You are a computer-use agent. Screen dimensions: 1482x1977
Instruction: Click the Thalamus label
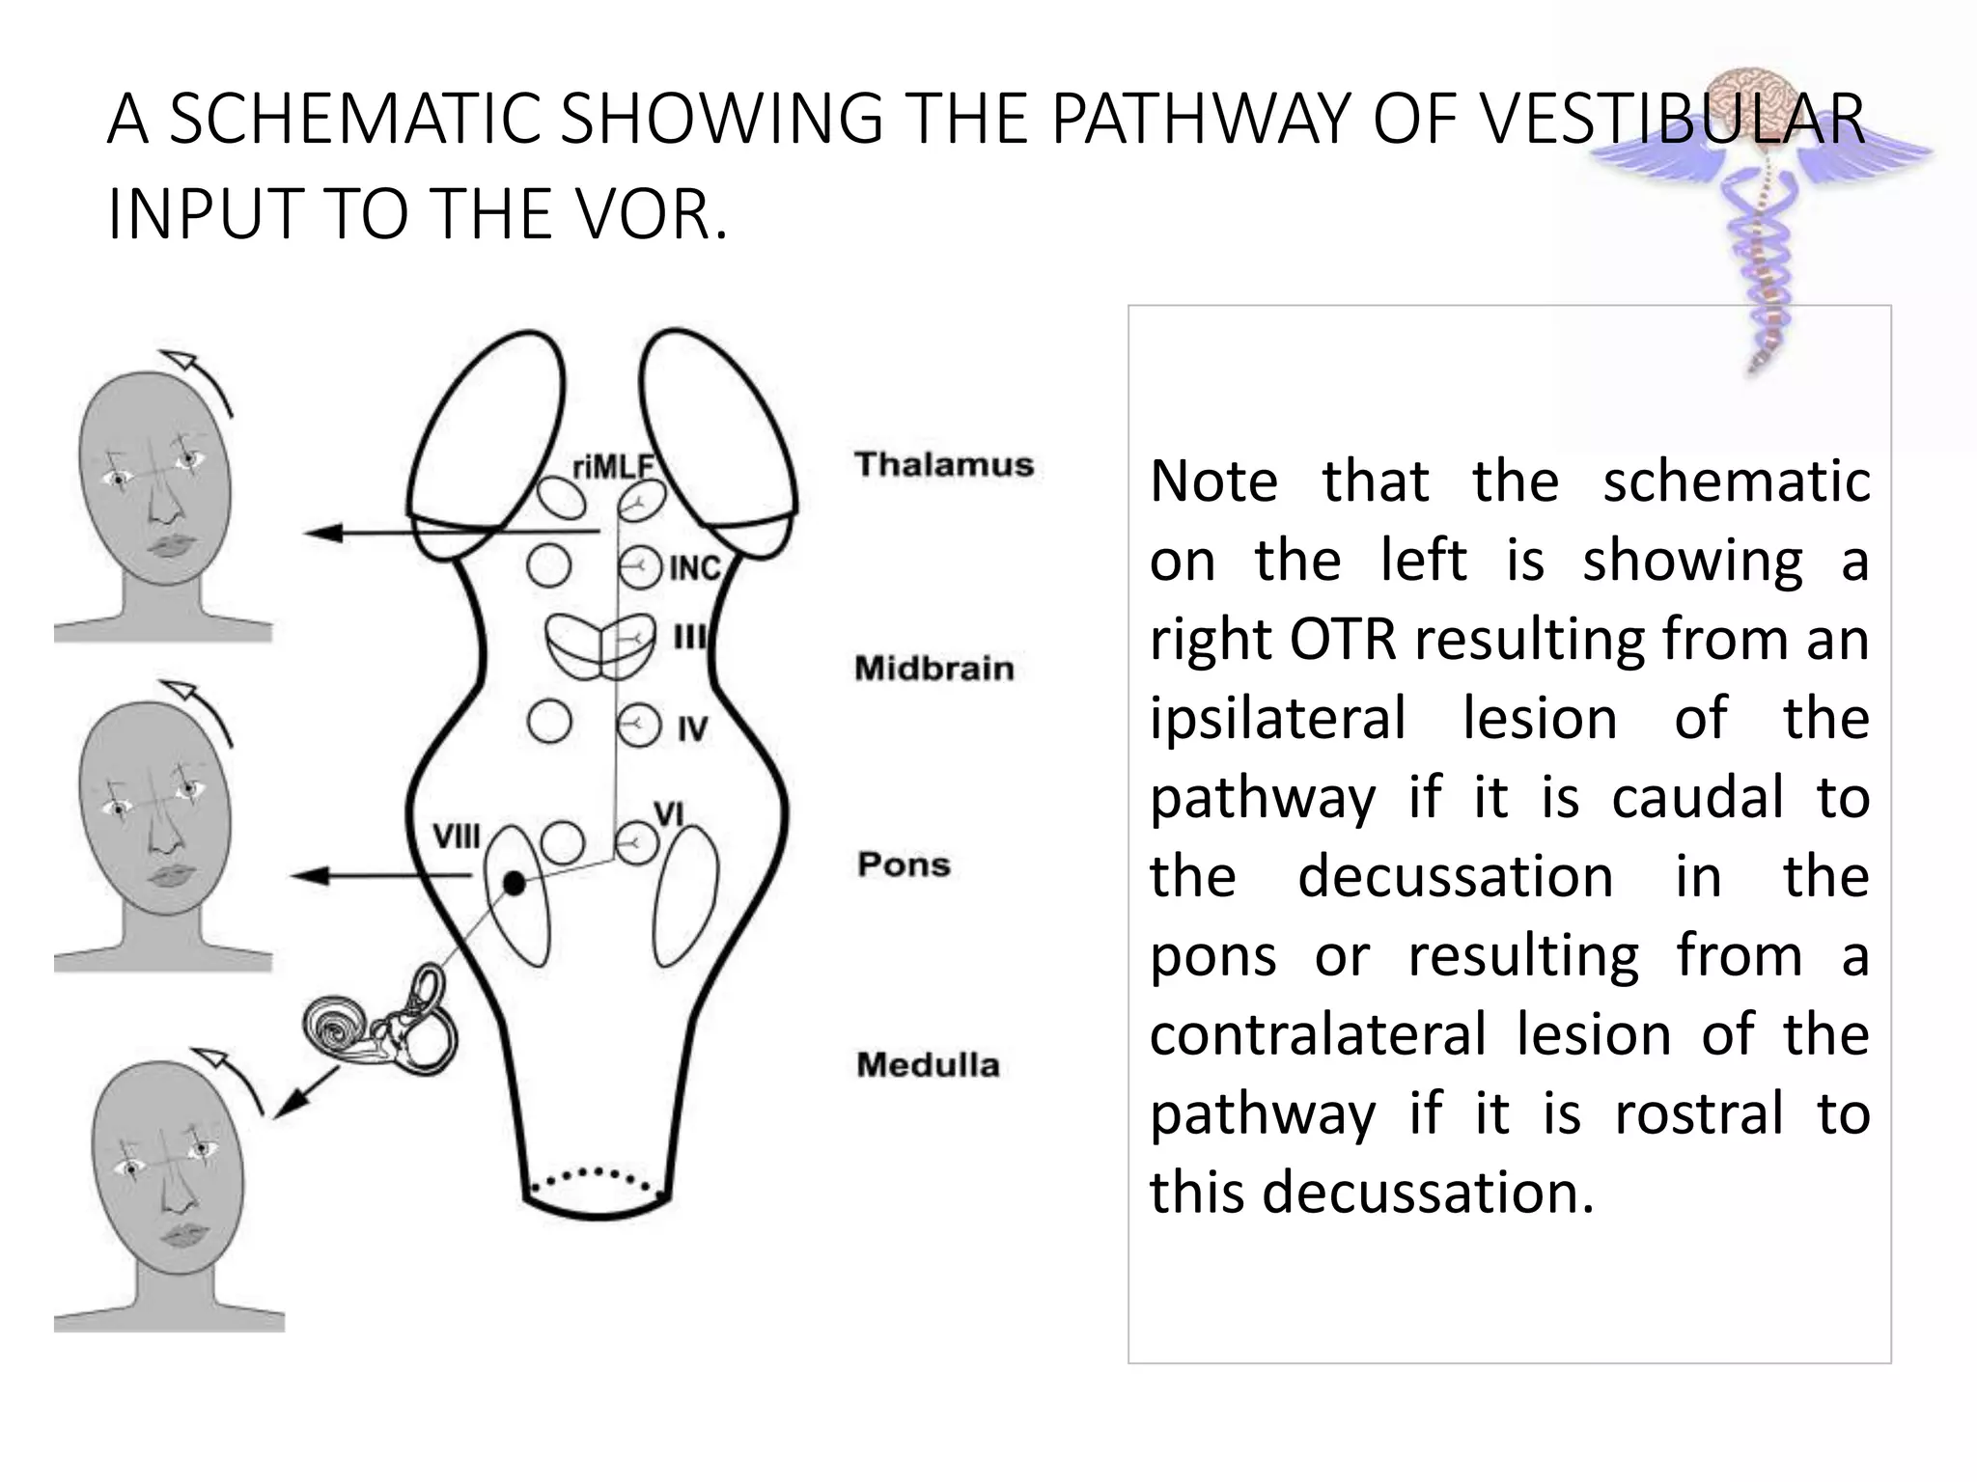pyautogui.click(x=943, y=465)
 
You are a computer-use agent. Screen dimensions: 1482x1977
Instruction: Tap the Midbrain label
pyautogui.click(x=933, y=669)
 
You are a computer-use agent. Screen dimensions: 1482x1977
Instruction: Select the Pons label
pyautogui.click(x=904, y=864)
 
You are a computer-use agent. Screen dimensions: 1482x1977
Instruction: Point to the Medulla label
pyautogui.click(x=928, y=1065)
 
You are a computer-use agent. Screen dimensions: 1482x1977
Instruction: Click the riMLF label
pyautogui.click(x=613, y=468)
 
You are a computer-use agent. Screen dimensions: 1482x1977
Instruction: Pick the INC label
pyautogui.click(x=695, y=568)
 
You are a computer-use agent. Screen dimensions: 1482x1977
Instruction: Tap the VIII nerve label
pyautogui.click(x=456, y=837)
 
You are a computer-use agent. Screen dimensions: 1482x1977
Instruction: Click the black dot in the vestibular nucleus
pyautogui.click(x=515, y=883)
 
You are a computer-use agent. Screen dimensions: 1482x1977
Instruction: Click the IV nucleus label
pyautogui.click(x=692, y=729)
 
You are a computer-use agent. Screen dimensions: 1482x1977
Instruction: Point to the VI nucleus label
pyautogui.click(x=669, y=813)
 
